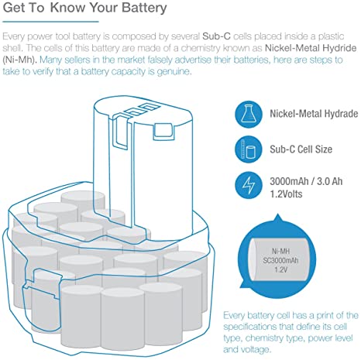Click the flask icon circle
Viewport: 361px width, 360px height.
249,114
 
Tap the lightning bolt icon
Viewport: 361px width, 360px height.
249,185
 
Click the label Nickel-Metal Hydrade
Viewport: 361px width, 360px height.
314,114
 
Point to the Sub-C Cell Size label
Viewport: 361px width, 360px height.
301,149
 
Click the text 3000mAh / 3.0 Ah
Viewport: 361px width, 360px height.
306,181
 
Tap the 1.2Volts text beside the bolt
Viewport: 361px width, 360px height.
286,194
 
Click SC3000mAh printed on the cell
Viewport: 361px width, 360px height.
280,260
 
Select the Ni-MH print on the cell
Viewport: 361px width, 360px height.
280,251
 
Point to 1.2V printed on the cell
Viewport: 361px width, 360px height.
280,269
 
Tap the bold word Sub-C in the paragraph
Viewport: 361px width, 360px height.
216,36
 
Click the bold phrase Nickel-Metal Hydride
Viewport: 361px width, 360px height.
311,48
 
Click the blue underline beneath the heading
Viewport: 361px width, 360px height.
50,22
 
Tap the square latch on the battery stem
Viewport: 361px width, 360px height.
163,132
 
